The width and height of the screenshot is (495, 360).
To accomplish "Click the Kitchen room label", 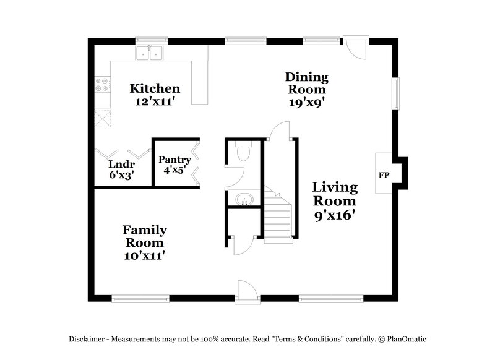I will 155,88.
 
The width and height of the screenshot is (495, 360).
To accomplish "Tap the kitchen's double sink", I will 149,53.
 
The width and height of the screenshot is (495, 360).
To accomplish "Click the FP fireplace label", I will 384,175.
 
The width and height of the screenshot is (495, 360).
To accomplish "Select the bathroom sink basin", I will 244,200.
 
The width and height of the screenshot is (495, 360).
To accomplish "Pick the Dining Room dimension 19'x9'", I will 307,103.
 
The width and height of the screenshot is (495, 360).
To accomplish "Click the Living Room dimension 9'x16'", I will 334,215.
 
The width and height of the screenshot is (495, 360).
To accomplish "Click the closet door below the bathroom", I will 240,245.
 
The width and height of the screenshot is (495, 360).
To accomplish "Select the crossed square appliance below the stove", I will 102,117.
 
